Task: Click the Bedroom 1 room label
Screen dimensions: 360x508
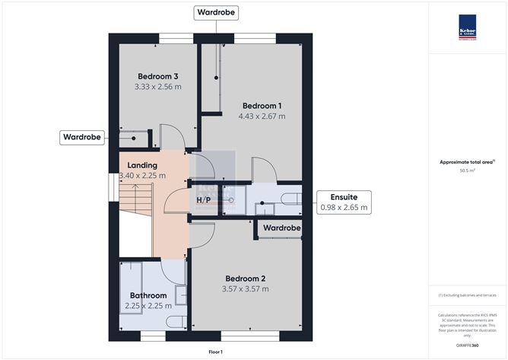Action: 262,105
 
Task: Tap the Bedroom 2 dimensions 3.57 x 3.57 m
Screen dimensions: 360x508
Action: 244,289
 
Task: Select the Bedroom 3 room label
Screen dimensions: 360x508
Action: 158,76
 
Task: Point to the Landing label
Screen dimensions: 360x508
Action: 142,165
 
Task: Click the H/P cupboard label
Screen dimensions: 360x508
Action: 203,200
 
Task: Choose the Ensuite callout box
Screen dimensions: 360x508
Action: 344,202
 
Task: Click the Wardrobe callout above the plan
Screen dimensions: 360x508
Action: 217,13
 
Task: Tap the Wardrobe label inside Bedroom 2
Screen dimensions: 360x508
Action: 281,228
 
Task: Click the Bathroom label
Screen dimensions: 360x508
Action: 148,295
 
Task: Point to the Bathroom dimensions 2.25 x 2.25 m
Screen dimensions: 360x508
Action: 148,306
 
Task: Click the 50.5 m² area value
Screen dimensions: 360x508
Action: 467,171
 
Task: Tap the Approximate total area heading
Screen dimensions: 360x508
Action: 466,161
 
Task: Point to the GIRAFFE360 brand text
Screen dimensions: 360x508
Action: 467,346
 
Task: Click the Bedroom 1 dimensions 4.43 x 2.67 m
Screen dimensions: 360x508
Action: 262,116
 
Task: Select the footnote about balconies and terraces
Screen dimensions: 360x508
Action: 467,295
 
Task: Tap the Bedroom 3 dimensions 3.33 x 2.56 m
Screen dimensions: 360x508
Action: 158,87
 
